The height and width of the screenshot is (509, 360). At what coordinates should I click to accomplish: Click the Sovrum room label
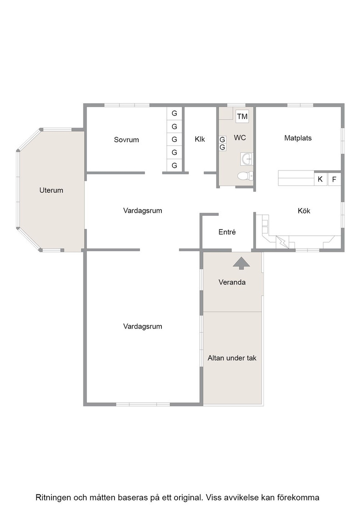126,140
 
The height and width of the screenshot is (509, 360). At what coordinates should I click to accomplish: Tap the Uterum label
51,190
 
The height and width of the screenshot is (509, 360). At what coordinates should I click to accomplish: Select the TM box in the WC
242,116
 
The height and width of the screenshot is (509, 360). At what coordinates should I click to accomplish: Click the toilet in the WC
245,176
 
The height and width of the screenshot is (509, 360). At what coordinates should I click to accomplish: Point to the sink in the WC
247,159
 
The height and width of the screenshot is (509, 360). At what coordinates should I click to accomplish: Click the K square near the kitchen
320,179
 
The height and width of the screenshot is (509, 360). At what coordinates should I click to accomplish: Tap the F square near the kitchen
335,179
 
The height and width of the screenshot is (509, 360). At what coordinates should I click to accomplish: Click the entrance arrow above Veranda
241,263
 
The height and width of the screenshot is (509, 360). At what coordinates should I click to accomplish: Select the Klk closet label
200,139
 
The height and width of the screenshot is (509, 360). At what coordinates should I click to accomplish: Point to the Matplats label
298,138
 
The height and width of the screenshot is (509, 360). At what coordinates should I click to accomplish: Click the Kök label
304,211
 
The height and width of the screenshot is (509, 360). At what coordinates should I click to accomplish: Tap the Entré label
227,232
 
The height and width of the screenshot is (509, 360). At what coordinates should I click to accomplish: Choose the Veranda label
232,282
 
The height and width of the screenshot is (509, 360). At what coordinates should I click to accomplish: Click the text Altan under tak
232,358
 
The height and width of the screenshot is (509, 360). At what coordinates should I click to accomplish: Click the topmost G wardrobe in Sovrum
175,113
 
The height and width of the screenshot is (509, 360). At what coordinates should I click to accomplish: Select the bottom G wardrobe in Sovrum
175,165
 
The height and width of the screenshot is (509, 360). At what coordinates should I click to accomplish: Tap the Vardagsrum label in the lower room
143,327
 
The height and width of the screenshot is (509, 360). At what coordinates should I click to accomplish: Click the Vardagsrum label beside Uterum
143,211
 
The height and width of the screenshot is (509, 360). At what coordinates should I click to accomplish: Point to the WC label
240,138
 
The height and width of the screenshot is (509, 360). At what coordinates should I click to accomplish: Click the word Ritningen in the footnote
53,498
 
